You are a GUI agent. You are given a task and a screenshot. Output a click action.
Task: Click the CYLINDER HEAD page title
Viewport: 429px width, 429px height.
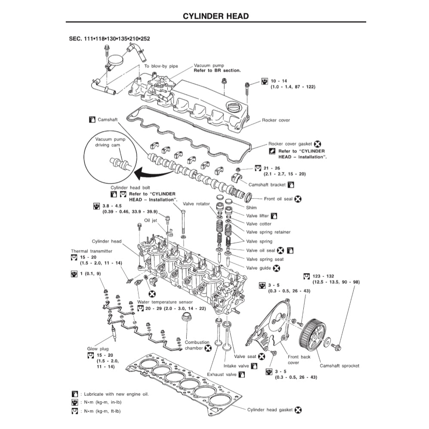click(216, 16)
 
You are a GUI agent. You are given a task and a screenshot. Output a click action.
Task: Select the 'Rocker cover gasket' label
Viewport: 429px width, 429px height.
click(290, 144)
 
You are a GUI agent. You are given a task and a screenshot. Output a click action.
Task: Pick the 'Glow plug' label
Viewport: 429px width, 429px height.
click(98, 349)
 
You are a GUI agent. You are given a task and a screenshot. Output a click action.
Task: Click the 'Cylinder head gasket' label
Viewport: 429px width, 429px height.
click(270, 410)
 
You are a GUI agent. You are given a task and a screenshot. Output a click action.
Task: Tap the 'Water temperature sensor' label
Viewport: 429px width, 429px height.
click(165, 302)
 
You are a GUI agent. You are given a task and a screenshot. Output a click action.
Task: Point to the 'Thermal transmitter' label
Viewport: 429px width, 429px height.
click(91, 251)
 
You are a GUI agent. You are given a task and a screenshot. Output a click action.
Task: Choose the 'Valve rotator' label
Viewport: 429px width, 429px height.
click(196, 204)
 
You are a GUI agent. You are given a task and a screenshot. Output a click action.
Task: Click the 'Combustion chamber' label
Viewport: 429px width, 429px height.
click(197, 345)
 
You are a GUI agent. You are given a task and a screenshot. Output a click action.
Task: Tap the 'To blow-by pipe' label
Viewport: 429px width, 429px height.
click(160, 66)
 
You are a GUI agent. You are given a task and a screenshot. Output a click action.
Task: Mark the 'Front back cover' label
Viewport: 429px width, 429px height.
click(299, 360)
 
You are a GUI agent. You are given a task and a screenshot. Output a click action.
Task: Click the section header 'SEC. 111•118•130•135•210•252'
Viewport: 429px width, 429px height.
click(109, 39)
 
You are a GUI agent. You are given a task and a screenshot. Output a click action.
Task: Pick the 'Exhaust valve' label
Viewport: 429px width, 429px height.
click(222, 375)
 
